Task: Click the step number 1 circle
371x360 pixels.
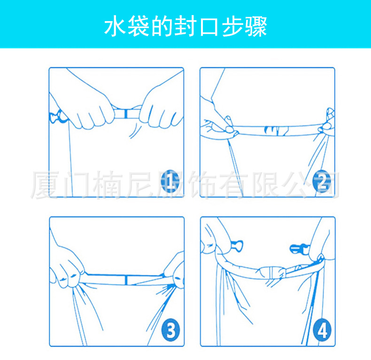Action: coord(170,181)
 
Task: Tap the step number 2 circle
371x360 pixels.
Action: coord(322,181)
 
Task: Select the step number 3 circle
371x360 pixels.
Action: coord(171,330)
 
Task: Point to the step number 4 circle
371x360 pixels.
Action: coord(322,330)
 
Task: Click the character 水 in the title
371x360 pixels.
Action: coord(115,26)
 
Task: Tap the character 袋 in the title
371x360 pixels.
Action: coord(139,26)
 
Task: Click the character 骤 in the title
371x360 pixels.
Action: coord(256,26)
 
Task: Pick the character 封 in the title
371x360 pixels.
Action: coord(185,26)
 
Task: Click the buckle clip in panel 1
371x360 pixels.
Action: coord(58,116)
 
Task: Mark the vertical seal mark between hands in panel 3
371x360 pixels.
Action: coord(126,280)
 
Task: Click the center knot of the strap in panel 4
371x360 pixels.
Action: coord(272,273)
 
